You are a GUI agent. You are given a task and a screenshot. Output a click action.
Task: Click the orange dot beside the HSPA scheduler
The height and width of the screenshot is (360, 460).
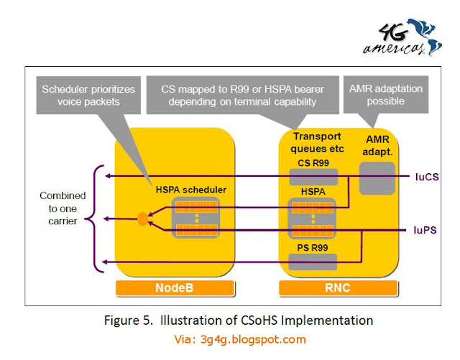click(142, 218)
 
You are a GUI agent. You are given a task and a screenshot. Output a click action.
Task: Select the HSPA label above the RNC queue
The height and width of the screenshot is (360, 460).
click(313, 193)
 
